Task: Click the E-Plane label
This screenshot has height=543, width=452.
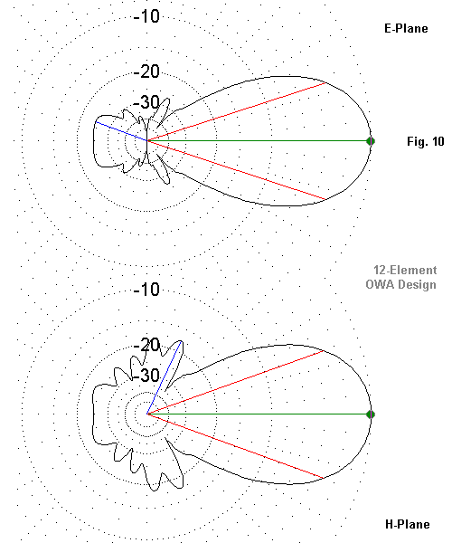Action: pyautogui.click(x=406, y=28)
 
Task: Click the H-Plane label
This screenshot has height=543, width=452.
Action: pyautogui.click(x=408, y=524)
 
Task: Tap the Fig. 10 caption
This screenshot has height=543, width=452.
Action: pyautogui.click(x=426, y=141)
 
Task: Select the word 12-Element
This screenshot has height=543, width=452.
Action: pyautogui.click(x=405, y=270)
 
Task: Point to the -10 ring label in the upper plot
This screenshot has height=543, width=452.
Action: pyautogui.click(x=146, y=16)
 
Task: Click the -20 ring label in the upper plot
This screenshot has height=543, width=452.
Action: pyautogui.click(x=146, y=71)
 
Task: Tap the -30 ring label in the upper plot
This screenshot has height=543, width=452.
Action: pyautogui.click(x=146, y=101)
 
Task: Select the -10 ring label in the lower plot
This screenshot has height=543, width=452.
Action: pyautogui.click(x=146, y=290)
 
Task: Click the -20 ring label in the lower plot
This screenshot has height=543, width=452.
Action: pyautogui.click(x=146, y=345)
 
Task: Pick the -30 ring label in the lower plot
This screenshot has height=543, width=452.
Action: pyautogui.click(x=146, y=375)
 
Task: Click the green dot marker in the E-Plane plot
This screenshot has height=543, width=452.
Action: pyautogui.click(x=371, y=141)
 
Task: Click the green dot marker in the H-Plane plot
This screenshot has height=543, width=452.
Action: pyautogui.click(x=371, y=414)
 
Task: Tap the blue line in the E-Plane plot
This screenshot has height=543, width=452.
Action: pyautogui.click(x=122, y=131)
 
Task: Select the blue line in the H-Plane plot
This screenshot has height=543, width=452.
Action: pyautogui.click(x=165, y=377)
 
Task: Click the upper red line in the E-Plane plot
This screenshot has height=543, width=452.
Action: pyautogui.click(x=237, y=112)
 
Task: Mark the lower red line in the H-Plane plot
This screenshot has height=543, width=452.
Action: pyautogui.click(x=236, y=446)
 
